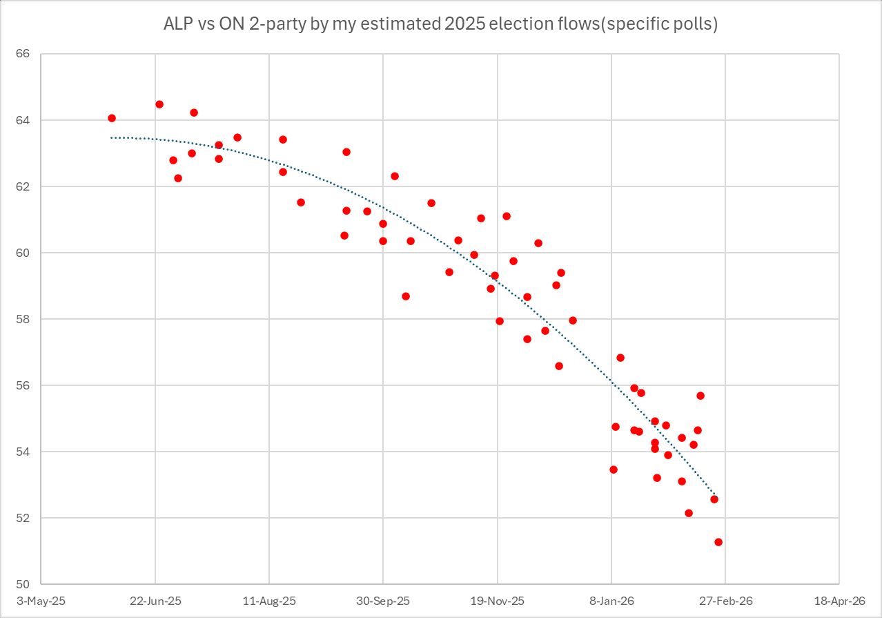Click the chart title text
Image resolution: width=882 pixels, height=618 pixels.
click(x=440, y=24)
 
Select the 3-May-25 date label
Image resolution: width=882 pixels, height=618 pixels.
click(x=41, y=601)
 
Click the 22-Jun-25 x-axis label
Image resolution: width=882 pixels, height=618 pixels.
click(x=155, y=601)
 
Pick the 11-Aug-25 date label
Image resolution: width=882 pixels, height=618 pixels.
click(x=269, y=601)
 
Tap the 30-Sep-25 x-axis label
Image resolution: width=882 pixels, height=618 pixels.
click(x=383, y=601)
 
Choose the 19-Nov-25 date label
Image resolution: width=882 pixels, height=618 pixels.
click(x=497, y=601)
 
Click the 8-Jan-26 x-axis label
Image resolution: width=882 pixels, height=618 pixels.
click(x=611, y=601)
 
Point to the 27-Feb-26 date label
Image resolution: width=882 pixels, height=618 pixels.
click(x=725, y=601)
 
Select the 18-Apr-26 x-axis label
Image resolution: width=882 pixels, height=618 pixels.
click(x=839, y=601)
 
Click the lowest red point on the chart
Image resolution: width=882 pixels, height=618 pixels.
click(x=718, y=542)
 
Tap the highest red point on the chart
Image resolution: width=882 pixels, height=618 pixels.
click(x=159, y=104)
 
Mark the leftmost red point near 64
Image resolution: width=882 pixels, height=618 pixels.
click(x=112, y=118)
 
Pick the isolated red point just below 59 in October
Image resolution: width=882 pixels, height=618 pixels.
click(x=406, y=296)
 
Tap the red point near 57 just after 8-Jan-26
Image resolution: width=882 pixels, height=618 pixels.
click(x=620, y=358)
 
